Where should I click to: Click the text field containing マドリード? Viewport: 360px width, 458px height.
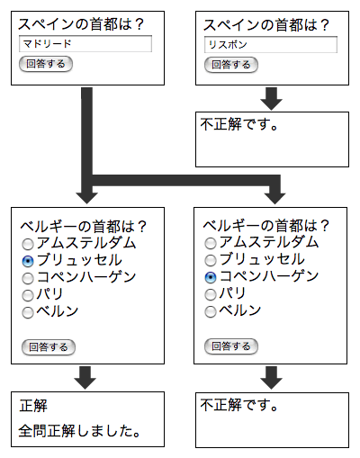[x=85, y=44]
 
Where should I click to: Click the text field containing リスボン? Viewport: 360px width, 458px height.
[x=271, y=45]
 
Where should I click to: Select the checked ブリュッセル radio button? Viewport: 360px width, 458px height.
[x=28, y=261]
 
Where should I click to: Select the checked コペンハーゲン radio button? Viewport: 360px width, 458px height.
[x=211, y=277]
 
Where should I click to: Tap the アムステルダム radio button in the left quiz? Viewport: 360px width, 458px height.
[x=28, y=244]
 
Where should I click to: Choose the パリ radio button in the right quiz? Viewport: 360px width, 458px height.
[x=211, y=294]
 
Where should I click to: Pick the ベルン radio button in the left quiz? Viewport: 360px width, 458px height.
[x=28, y=312]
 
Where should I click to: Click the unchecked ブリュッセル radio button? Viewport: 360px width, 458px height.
[x=211, y=260]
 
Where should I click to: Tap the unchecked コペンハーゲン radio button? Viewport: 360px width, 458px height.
[x=28, y=278]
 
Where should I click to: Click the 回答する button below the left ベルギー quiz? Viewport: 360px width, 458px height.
[x=49, y=347]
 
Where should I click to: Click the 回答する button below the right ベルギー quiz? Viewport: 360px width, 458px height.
[x=231, y=346]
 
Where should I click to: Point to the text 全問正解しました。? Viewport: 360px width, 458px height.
[x=79, y=431]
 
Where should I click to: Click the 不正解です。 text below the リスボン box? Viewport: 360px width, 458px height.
[x=239, y=124]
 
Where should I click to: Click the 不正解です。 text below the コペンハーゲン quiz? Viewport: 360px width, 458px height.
[x=239, y=405]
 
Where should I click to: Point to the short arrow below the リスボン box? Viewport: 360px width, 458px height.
[x=271, y=99]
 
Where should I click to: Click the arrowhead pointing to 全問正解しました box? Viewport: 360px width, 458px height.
[x=85, y=383]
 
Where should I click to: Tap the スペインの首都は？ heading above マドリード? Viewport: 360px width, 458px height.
[x=81, y=24]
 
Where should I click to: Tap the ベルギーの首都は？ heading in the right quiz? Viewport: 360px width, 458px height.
[x=266, y=226]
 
